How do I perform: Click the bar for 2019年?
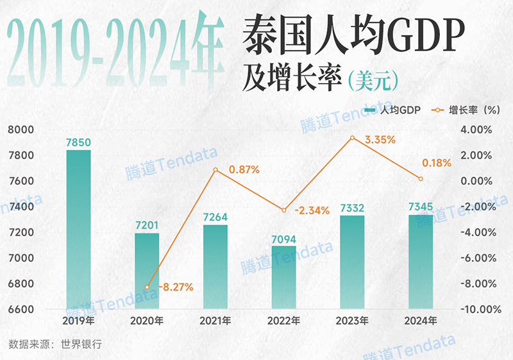pyautogui.click(x=78, y=230)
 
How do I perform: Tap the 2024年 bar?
pyautogui.click(x=420, y=262)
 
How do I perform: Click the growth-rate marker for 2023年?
pyautogui.click(x=352, y=138)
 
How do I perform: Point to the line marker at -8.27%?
pyautogui.click(x=147, y=287)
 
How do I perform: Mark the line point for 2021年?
pyautogui.click(x=215, y=170)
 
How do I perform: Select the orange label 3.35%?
pyautogui.click(x=380, y=139)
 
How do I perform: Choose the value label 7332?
pyautogui.click(x=352, y=207)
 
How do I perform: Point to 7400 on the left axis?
pyautogui.click(x=21, y=207)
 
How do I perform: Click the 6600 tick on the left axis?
pyautogui.click(x=21, y=309)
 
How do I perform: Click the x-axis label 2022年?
pyautogui.click(x=283, y=321)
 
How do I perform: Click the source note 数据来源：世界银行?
pyautogui.click(x=55, y=344)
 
